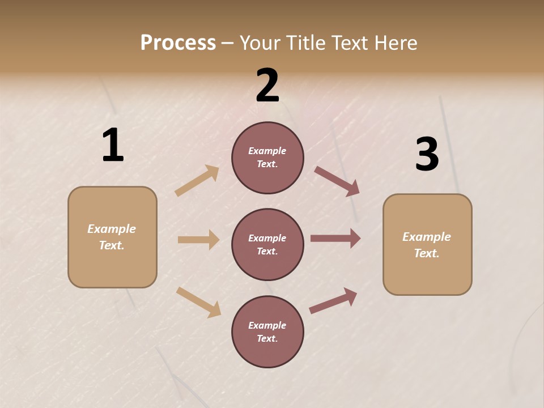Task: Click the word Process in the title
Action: click(x=178, y=43)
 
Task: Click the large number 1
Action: click(x=113, y=145)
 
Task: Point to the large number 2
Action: click(x=267, y=86)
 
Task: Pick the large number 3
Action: click(x=427, y=154)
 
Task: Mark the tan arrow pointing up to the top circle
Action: click(x=197, y=181)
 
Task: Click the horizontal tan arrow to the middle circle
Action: click(x=198, y=240)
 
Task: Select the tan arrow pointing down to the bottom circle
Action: click(x=198, y=302)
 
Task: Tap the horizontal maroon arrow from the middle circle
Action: click(x=335, y=238)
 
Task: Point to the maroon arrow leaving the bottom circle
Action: click(x=333, y=301)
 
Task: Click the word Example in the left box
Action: click(x=112, y=229)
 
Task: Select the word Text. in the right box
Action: click(x=427, y=253)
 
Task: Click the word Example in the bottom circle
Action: click(x=267, y=325)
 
